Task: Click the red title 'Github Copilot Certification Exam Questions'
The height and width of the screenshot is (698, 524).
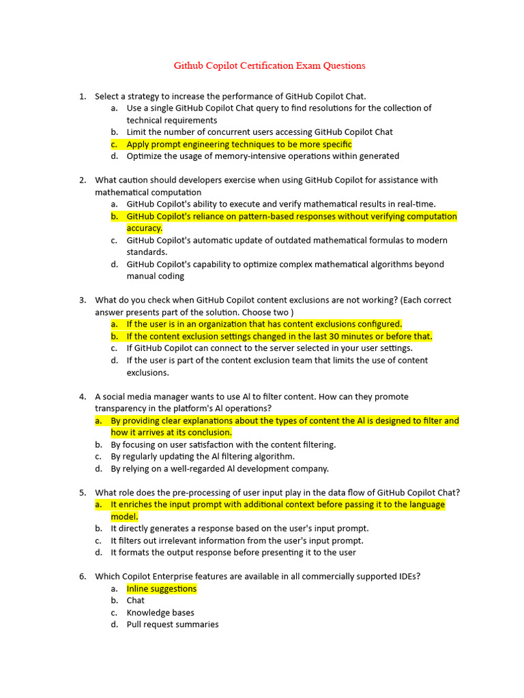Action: (270, 66)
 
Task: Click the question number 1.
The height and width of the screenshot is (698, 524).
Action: (82, 96)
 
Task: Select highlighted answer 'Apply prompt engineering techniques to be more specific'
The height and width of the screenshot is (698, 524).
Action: (239, 145)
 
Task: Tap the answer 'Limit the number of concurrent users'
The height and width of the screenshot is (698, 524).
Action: (259, 132)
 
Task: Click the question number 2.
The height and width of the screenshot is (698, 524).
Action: (82, 181)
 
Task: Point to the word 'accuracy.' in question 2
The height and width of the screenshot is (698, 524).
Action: (145, 228)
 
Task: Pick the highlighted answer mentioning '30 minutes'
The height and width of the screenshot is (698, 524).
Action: (279, 336)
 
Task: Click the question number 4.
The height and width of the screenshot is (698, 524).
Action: (82, 397)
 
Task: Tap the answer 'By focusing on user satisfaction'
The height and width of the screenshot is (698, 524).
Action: (223, 444)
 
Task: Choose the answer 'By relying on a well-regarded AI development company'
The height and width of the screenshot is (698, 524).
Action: (220, 469)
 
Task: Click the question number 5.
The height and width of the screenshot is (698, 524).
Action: (82, 493)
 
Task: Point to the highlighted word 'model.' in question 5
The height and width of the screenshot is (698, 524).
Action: (124, 517)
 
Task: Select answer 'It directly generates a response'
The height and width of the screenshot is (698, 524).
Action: (239, 529)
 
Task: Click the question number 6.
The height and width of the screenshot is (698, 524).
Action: (82, 577)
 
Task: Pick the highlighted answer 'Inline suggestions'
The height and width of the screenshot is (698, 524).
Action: (162, 589)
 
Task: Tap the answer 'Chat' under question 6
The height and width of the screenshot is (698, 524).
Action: (136, 601)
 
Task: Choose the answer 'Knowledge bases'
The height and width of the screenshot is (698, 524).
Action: (160, 613)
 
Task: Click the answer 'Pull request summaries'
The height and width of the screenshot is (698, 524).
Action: (173, 624)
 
